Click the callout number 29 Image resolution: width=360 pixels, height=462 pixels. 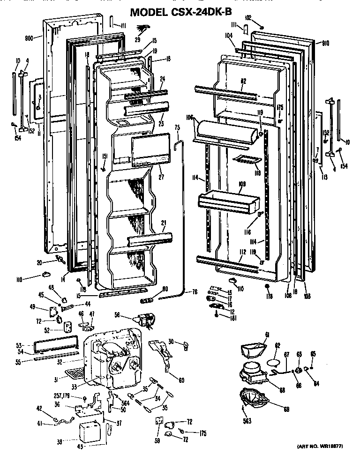pyautogui.click(x=138, y=40)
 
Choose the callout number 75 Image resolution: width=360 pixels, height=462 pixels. pyautogui.click(x=177, y=127)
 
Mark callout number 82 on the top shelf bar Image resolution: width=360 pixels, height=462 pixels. pyautogui.click(x=243, y=82)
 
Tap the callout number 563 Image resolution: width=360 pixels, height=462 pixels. pyautogui.click(x=247, y=421)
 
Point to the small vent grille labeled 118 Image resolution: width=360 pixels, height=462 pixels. pyautogui.click(x=247, y=160)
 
